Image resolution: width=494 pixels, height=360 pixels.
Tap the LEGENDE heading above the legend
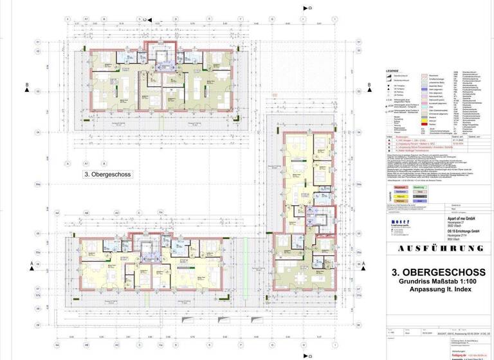point(392,71)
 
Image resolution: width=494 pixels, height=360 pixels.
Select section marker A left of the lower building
point(30,264)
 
